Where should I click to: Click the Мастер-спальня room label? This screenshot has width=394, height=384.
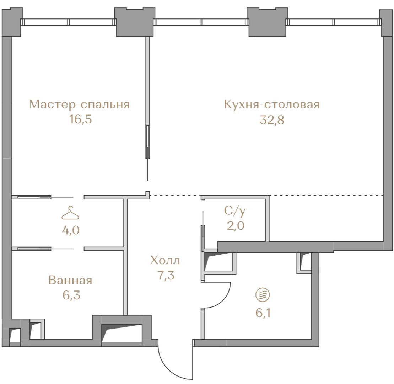click(79, 105)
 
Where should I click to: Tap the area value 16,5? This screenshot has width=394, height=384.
click(81, 119)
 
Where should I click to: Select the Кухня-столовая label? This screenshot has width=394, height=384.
click(272, 105)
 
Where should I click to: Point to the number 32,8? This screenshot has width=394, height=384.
click(272, 120)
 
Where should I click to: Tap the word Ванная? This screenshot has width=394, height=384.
click(70, 280)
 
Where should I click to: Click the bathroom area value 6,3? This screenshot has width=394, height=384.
click(71, 295)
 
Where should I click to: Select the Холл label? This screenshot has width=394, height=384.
click(165, 261)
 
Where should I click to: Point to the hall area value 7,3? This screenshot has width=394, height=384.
click(166, 275)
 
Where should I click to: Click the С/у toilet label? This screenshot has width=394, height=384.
click(235, 211)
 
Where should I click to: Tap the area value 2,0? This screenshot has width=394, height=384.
click(236, 226)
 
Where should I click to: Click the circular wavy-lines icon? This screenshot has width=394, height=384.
click(263, 294)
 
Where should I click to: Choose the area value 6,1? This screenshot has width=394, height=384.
click(263, 313)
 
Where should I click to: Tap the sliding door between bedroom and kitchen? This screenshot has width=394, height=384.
click(148, 142)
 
